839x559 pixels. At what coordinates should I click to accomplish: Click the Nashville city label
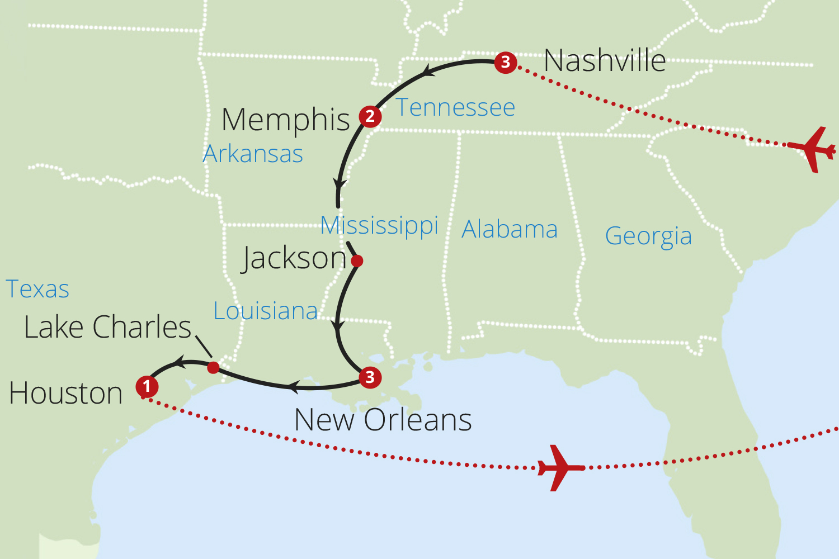[605, 60]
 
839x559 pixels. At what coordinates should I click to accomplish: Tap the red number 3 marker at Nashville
[506, 62]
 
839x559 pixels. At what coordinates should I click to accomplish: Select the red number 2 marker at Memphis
[370, 116]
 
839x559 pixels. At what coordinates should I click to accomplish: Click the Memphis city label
[285, 120]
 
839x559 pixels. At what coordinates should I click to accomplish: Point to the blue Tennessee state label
[455, 107]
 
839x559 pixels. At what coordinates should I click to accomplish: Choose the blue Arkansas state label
[253, 154]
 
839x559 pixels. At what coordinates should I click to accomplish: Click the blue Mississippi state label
[379, 225]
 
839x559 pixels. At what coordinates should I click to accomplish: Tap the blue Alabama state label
[510, 229]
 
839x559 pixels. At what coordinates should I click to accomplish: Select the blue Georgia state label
[648, 236]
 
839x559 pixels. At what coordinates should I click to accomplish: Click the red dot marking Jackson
[357, 260]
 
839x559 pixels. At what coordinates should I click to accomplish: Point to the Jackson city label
[294, 258]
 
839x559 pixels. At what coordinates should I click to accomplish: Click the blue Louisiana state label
[266, 311]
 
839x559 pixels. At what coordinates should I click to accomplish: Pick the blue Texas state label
[37, 289]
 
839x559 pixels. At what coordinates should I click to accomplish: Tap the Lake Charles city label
[108, 327]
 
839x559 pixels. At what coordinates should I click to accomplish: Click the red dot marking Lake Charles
[213, 367]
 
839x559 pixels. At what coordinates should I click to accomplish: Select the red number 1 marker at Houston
[147, 386]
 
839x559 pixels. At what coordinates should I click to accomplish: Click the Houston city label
[66, 393]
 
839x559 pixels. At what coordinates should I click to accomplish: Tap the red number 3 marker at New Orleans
[370, 377]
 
